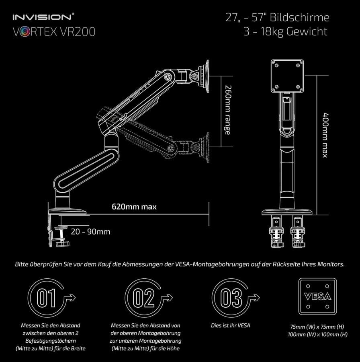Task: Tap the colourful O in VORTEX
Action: [x=23, y=32]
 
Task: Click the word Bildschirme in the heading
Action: [x=300, y=18]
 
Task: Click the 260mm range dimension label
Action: [x=227, y=109]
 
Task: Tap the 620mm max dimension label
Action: [x=134, y=207]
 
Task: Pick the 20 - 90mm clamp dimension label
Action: [x=90, y=232]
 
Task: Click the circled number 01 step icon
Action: [x=47, y=298]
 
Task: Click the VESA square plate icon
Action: [x=318, y=297]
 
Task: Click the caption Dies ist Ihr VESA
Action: [x=230, y=325]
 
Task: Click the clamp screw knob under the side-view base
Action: [x=63, y=244]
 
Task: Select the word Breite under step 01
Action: [x=77, y=348]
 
